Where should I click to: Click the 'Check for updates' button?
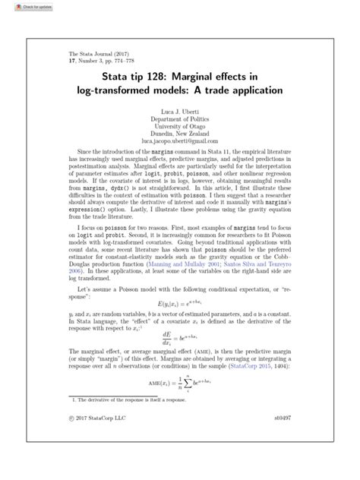(21, 5)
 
